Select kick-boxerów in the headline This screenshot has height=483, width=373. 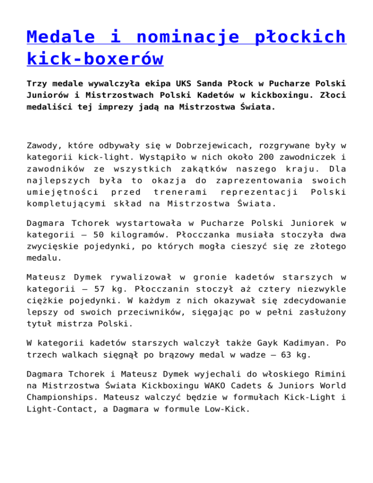click(x=95, y=59)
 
